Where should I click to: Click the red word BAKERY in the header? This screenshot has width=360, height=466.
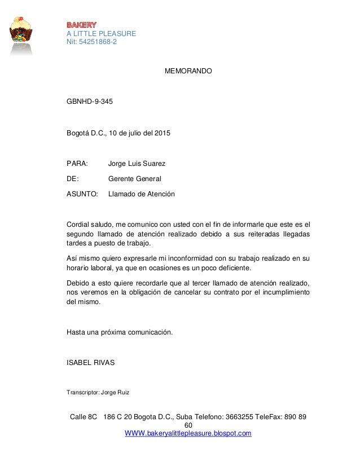click(82, 25)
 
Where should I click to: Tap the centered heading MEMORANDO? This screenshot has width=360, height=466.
click(188, 72)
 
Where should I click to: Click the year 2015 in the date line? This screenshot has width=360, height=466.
click(162, 133)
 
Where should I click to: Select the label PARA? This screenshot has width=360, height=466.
click(77, 164)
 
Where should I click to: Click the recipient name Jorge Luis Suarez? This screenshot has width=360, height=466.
click(137, 164)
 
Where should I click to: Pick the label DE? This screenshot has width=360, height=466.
click(73, 179)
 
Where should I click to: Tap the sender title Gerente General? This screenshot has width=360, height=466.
click(134, 179)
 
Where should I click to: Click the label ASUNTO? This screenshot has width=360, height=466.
click(82, 194)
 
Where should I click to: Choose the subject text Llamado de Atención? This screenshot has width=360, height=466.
click(141, 194)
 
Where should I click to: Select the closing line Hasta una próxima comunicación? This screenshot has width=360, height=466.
click(120, 332)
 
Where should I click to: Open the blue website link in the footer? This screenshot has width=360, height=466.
click(188, 433)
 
